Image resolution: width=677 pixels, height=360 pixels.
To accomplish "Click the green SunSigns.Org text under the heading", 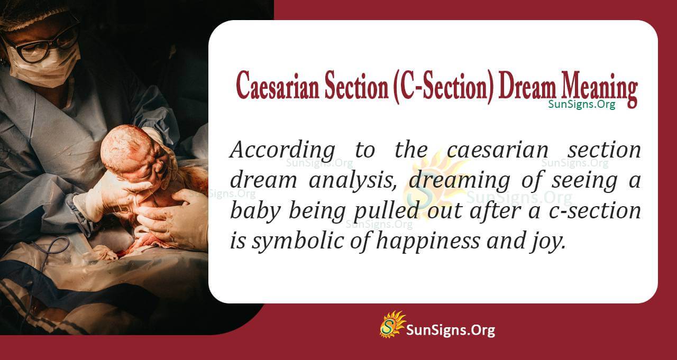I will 581,104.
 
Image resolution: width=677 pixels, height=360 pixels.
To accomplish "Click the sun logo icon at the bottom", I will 392,324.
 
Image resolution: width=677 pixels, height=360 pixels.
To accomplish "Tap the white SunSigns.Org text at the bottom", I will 450,331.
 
